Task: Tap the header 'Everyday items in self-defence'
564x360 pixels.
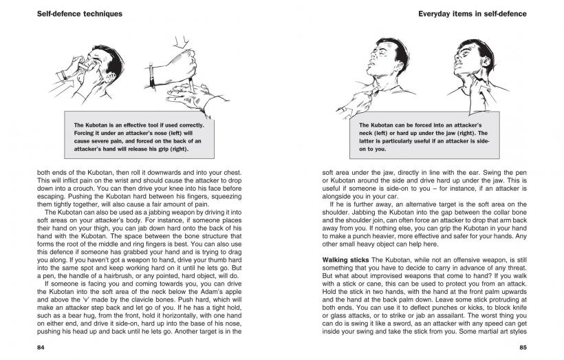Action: pyautogui.click(x=473, y=13)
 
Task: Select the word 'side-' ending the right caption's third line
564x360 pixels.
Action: pyautogui.click(x=478, y=140)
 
